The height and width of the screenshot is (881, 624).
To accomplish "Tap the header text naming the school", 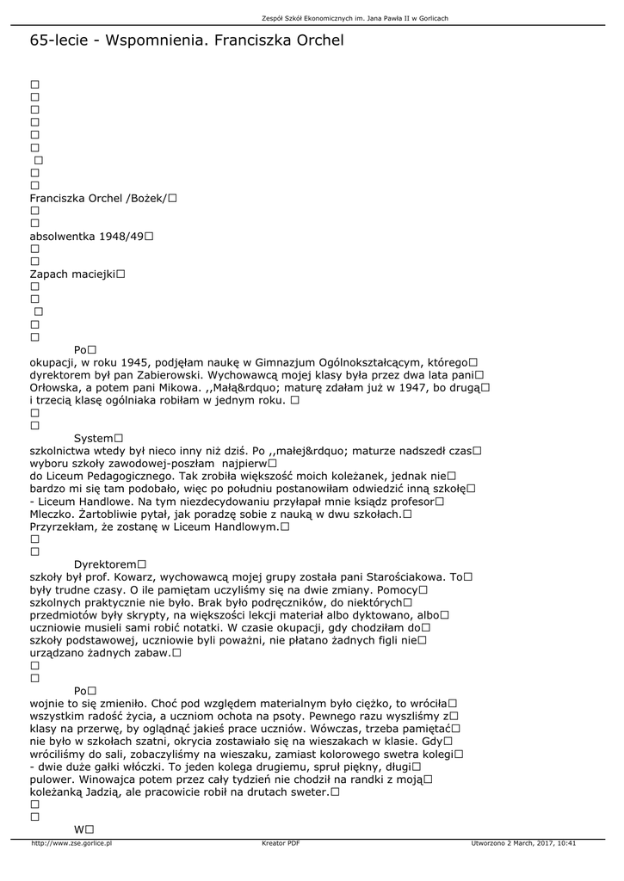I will pyautogui.click(x=355, y=18).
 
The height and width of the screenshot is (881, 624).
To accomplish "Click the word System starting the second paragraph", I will pyautogui.click(x=94, y=439).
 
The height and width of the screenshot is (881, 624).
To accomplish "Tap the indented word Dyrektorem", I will pyautogui.click(x=105, y=564).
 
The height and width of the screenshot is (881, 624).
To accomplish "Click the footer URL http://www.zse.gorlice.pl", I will pyautogui.click(x=71, y=843).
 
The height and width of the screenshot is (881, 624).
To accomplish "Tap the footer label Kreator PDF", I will pyautogui.click(x=281, y=843).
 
